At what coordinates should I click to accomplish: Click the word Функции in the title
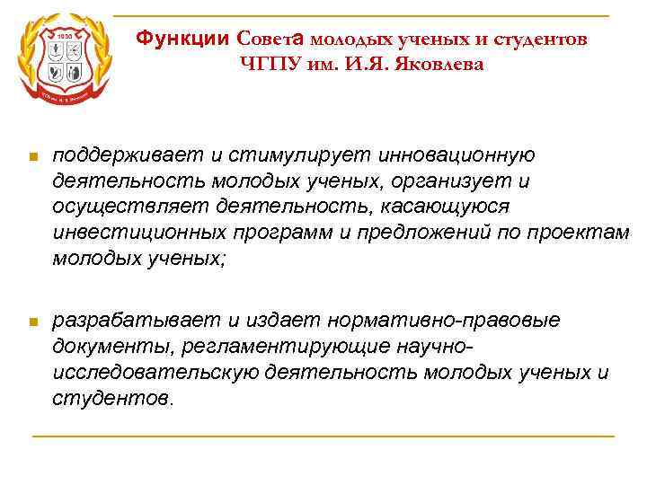click(x=185, y=39)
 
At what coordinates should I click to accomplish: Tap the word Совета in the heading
click(x=271, y=39)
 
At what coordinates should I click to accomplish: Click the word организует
click(x=449, y=181)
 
